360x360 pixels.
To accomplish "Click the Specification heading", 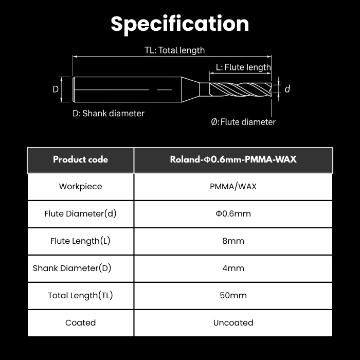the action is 180,24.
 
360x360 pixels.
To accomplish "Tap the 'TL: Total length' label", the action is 174,50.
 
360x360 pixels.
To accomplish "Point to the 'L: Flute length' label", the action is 243,67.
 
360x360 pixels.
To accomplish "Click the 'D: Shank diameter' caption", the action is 109,114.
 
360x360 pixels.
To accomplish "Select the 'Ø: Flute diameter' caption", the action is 243,122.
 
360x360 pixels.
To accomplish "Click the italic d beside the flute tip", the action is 287,89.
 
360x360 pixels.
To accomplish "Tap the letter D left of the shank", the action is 56,89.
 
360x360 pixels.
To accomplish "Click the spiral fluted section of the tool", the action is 240,89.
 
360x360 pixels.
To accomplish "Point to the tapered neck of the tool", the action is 190,89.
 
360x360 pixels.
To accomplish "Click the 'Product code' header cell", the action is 80,159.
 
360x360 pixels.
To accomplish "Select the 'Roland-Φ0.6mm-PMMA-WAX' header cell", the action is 233,159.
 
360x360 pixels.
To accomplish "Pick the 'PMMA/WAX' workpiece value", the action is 233,186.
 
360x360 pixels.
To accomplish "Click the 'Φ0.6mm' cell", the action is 233,214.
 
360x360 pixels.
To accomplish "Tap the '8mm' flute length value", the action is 233,241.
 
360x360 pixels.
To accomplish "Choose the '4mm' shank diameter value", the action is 233,268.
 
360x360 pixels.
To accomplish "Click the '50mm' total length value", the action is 233,296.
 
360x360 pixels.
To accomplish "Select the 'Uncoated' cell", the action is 233,323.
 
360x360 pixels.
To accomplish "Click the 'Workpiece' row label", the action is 80,186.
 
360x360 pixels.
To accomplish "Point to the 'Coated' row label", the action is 80,323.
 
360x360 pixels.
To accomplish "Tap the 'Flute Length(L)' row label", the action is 80,241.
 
